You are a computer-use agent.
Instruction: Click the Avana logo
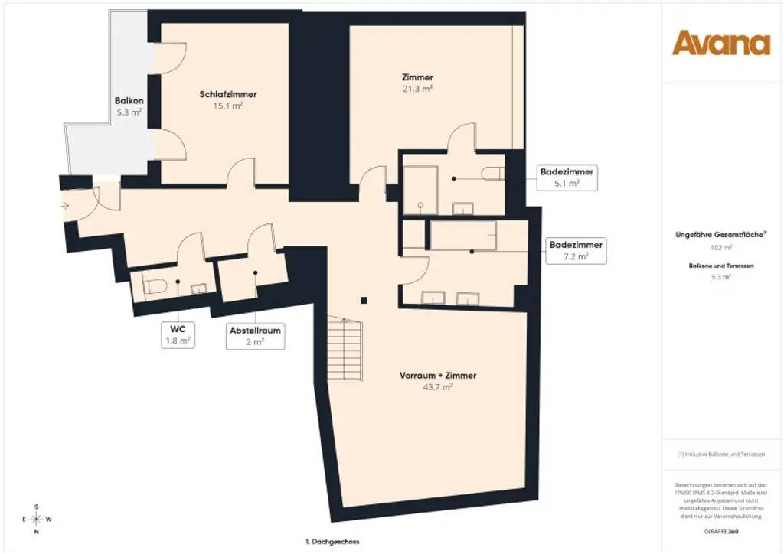(721, 44)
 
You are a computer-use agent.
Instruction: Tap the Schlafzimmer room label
(228, 94)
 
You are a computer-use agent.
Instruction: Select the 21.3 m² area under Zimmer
(417, 89)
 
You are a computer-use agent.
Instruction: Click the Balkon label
(129, 101)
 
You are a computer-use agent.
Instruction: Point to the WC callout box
(178, 334)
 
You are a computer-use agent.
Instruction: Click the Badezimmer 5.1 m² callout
(567, 178)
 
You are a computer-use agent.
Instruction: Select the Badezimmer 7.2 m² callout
(576, 251)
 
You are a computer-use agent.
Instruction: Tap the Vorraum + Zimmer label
(438, 376)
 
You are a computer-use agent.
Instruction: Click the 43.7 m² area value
(438, 387)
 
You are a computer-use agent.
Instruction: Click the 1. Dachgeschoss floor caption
(332, 541)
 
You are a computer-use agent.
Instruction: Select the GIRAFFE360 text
(721, 530)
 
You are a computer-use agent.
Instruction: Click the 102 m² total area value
(721, 248)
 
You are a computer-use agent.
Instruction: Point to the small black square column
(365, 300)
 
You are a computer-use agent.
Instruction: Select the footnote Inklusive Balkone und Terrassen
(721, 455)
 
